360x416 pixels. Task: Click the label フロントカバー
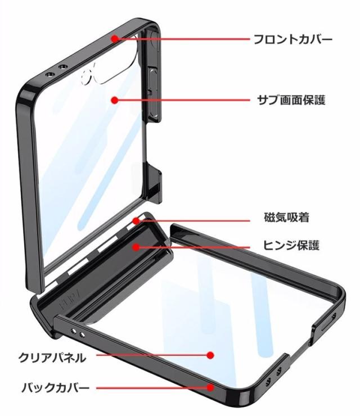[x=293, y=39]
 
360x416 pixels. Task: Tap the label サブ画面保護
[x=291, y=100]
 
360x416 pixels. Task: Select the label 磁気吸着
[x=287, y=218]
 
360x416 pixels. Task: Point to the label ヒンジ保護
[x=291, y=245]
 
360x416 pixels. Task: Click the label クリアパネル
[x=52, y=358]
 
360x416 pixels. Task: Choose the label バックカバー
[x=55, y=388]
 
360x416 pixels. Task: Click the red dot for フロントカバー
[x=114, y=39]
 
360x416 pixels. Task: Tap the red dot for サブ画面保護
[x=114, y=100]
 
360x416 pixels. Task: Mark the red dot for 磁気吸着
[x=136, y=220]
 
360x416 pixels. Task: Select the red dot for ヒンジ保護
[x=136, y=247]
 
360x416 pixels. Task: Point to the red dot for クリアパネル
[x=210, y=355]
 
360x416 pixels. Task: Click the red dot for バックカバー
[x=210, y=388]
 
